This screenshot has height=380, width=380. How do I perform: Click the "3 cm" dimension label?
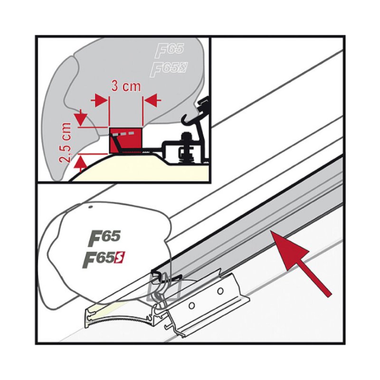(x=126, y=87)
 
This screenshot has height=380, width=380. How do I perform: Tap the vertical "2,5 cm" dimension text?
(x=66, y=142)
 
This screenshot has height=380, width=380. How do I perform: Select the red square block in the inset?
(x=126, y=141)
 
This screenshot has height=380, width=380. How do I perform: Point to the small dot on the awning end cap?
(x=90, y=208)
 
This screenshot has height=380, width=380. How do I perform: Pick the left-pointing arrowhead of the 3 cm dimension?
(x=152, y=100)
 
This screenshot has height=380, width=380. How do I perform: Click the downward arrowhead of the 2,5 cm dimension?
(x=80, y=118)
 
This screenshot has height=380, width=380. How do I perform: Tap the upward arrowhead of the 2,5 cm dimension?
(x=80, y=162)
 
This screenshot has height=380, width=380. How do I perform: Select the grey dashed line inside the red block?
(x=123, y=134)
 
